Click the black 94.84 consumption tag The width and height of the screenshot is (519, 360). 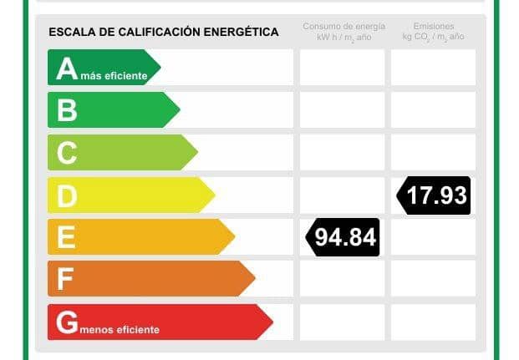click(x=344, y=237)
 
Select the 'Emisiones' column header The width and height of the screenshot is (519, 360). click(x=433, y=33)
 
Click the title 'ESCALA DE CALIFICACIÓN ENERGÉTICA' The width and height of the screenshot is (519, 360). click(x=164, y=32)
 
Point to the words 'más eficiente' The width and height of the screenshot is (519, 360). click(x=114, y=77)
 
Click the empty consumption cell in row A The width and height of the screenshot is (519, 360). click(x=342, y=68)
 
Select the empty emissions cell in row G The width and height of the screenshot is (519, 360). click(x=433, y=322)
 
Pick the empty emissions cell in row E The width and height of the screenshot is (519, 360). click(x=433, y=237)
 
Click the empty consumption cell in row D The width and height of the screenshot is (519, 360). click(x=342, y=195)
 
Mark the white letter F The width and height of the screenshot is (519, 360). click(x=65, y=279)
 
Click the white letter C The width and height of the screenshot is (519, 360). click(x=67, y=152)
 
